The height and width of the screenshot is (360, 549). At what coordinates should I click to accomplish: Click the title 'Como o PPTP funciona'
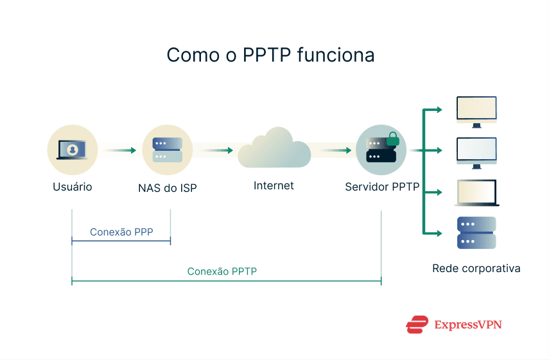tap(270, 55)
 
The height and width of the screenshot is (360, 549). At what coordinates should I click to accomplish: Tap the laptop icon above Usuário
tap(72, 150)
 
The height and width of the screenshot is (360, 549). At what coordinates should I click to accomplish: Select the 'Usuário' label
tap(72, 187)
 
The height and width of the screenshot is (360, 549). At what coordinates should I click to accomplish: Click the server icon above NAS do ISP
tap(167, 150)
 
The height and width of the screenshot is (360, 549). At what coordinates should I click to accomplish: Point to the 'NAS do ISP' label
tap(167, 188)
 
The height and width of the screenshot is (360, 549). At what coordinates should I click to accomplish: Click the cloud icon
tap(274, 150)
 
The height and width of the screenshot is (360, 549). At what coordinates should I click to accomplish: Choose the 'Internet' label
tap(274, 186)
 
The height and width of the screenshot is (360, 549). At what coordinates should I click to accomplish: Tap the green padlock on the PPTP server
tap(392, 138)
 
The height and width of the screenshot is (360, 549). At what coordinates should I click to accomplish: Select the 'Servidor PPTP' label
tap(382, 187)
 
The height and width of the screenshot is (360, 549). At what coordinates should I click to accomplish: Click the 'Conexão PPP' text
tap(121, 232)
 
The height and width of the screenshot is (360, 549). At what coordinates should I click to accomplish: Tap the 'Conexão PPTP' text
tap(222, 271)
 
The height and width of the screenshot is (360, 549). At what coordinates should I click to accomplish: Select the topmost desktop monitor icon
tap(476, 110)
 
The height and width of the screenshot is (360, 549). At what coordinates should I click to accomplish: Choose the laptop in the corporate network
tap(476, 193)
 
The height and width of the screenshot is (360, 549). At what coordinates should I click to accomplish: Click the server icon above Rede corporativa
tap(476, 233)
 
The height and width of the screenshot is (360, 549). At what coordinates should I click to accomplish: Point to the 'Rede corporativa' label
tap(476, 268)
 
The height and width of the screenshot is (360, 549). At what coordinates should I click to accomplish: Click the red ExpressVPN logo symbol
tap(417, 325)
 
